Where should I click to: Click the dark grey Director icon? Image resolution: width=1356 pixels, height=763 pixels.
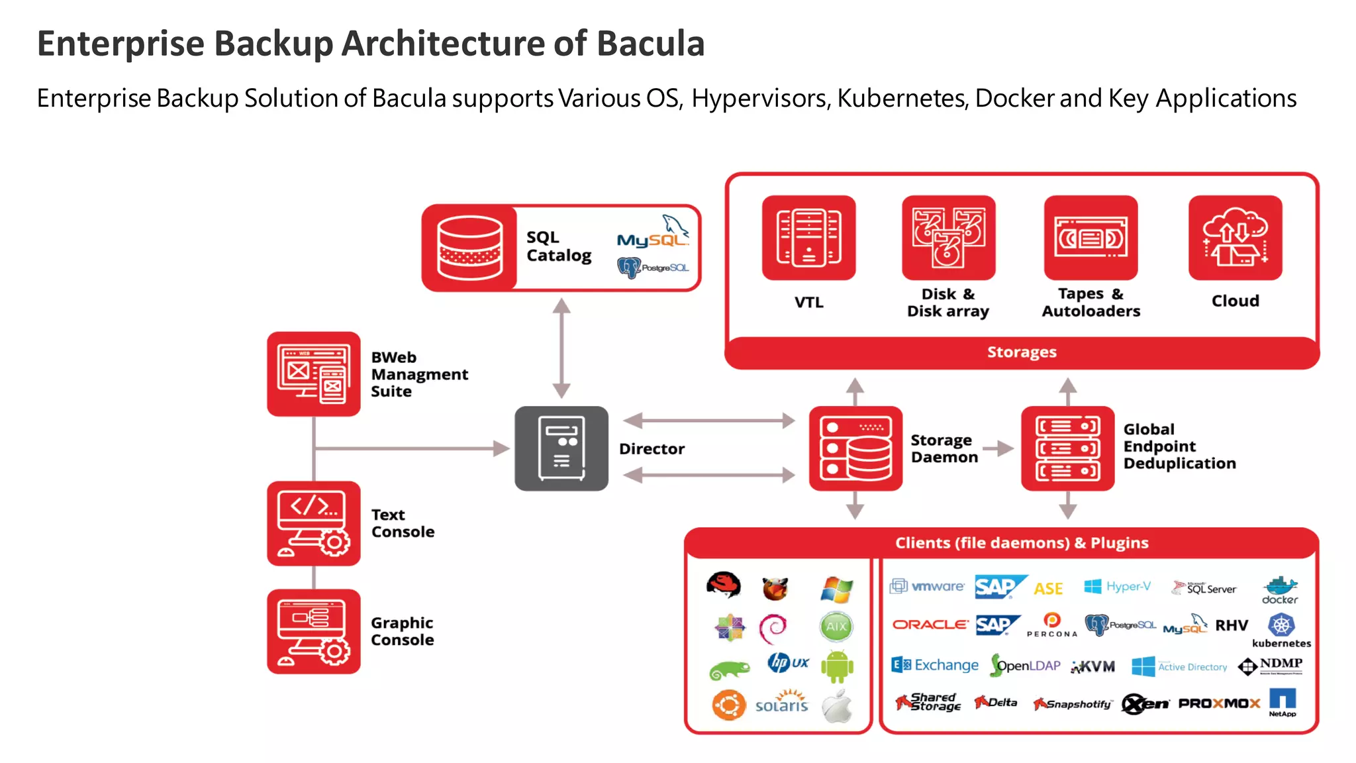tap(561, 448)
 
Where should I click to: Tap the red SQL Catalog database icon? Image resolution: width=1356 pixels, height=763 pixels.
tap(469, 248)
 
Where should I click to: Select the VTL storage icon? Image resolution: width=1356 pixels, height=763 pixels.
tap(808, 238)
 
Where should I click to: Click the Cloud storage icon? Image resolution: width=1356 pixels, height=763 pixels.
tap(1235, 238)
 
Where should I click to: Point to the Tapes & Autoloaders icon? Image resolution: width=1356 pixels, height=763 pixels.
tap(1090, 238)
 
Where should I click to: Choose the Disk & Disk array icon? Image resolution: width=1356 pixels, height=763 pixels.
tap(948, 238)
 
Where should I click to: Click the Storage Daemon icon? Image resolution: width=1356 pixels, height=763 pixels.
tap(855, 448)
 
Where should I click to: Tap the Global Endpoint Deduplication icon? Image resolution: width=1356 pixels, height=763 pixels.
tap(1067, 448)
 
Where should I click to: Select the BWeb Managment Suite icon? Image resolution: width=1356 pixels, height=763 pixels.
tap(314, 374)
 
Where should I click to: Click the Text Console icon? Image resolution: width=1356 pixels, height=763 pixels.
tap(314, 523)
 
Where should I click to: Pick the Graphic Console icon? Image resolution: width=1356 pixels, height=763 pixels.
tap(314, 631)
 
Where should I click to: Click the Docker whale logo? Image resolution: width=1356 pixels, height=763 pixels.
tap(1280, 587)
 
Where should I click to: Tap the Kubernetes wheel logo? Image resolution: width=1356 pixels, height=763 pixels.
tap(1281, 625)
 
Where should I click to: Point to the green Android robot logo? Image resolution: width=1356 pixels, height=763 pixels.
tap(837, 666)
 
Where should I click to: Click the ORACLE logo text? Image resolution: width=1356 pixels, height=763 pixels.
tap(930, 625)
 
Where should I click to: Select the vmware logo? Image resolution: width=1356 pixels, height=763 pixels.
tap(928, 586)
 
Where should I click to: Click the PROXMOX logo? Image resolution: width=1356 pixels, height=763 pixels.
tap(1219, 703)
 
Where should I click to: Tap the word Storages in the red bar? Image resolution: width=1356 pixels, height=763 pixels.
tap(1022, 352)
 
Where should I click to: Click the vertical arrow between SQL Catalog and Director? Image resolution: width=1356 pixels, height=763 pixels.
tap(561, 348)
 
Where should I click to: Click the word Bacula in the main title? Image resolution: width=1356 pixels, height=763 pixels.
tap(650, 44)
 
